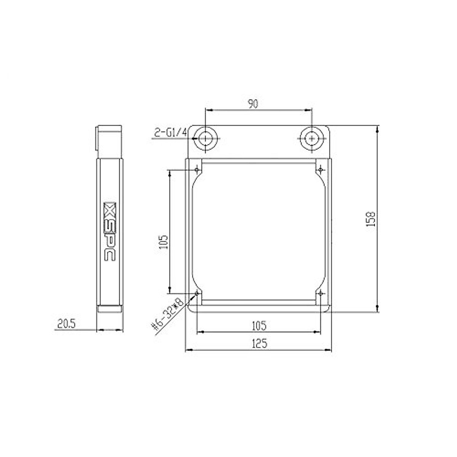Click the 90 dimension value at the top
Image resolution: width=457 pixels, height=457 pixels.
(x=253, y=104)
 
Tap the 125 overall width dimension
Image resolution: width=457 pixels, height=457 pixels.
(x=259, y=344)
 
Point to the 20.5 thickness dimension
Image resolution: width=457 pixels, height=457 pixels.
(x=67, y=324)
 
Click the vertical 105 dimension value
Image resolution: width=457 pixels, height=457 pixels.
(x=164, y=242)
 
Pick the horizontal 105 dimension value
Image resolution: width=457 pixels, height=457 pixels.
(x=259, y=326)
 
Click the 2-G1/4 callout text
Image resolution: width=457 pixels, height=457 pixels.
(x=170, y=133)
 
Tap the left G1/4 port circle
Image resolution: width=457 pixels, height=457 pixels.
(x=206, y=139)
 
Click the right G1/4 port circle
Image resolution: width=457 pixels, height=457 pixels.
(x=312, y=139)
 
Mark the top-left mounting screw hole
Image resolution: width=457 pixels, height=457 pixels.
(x=197, y=169)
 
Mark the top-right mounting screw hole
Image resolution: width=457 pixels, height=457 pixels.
(x=321, y=169)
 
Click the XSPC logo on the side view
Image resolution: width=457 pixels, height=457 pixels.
(x=110, y=231)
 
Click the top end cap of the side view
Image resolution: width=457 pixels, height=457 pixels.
(x=110, y=129)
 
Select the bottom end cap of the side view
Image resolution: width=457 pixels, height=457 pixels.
(x=110, y=308)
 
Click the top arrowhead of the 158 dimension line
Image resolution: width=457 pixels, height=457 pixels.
(x=377, y=129)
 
